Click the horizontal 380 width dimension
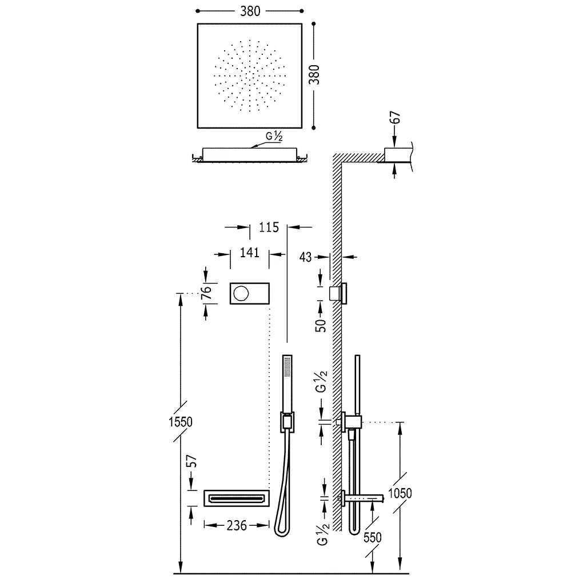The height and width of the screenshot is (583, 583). (250, 11)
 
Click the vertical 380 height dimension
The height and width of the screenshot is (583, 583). (314, 74)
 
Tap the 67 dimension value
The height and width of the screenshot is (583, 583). (397, 118)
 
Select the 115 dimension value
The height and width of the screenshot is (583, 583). (269, 227)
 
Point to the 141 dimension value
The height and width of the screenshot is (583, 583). (249, 253)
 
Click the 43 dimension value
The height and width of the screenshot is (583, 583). (306, 257)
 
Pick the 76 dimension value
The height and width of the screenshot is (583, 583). (207, 291)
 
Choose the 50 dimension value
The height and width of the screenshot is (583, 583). (321, 326)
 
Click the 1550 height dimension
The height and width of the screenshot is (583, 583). (180, 422)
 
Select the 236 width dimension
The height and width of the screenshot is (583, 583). (237, 525)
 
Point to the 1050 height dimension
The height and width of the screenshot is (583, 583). (400, 493)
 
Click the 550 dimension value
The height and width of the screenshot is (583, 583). (373, 538)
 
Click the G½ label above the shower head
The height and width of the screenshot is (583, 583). (274, 137)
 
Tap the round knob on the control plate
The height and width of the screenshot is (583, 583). (241, 294)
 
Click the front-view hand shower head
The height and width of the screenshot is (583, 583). (287, 383)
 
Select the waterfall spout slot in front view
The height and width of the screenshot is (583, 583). (236, 498)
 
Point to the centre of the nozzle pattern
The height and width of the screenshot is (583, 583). (250, 75)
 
